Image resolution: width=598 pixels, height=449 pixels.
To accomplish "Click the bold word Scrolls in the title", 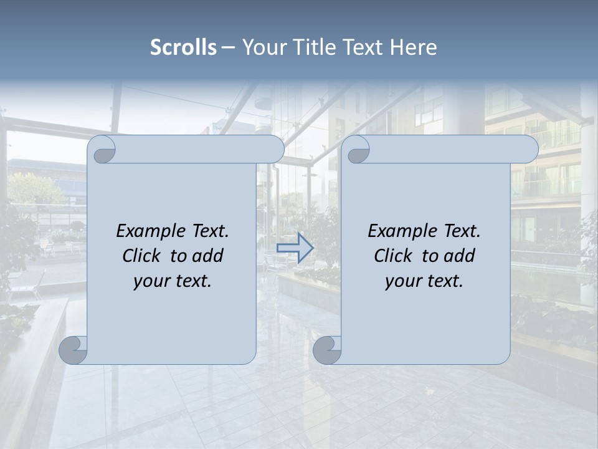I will pos(184,47).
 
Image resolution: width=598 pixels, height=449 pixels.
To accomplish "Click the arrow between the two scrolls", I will pos(295,248).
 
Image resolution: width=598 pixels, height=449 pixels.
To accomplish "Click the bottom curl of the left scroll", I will pos(74,350).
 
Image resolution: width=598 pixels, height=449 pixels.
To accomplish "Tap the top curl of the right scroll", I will pos(357,150).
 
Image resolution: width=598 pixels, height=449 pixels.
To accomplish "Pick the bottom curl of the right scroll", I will pos(327,350).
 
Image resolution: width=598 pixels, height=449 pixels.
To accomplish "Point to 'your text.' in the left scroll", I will pos(173,281).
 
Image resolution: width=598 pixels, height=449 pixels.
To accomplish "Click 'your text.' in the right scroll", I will pos(424,281).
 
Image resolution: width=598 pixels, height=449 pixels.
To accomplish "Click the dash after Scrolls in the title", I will pos(228,47).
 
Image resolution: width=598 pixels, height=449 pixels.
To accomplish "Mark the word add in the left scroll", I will pos(208,256).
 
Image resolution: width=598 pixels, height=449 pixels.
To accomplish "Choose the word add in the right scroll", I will pos(460,256).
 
